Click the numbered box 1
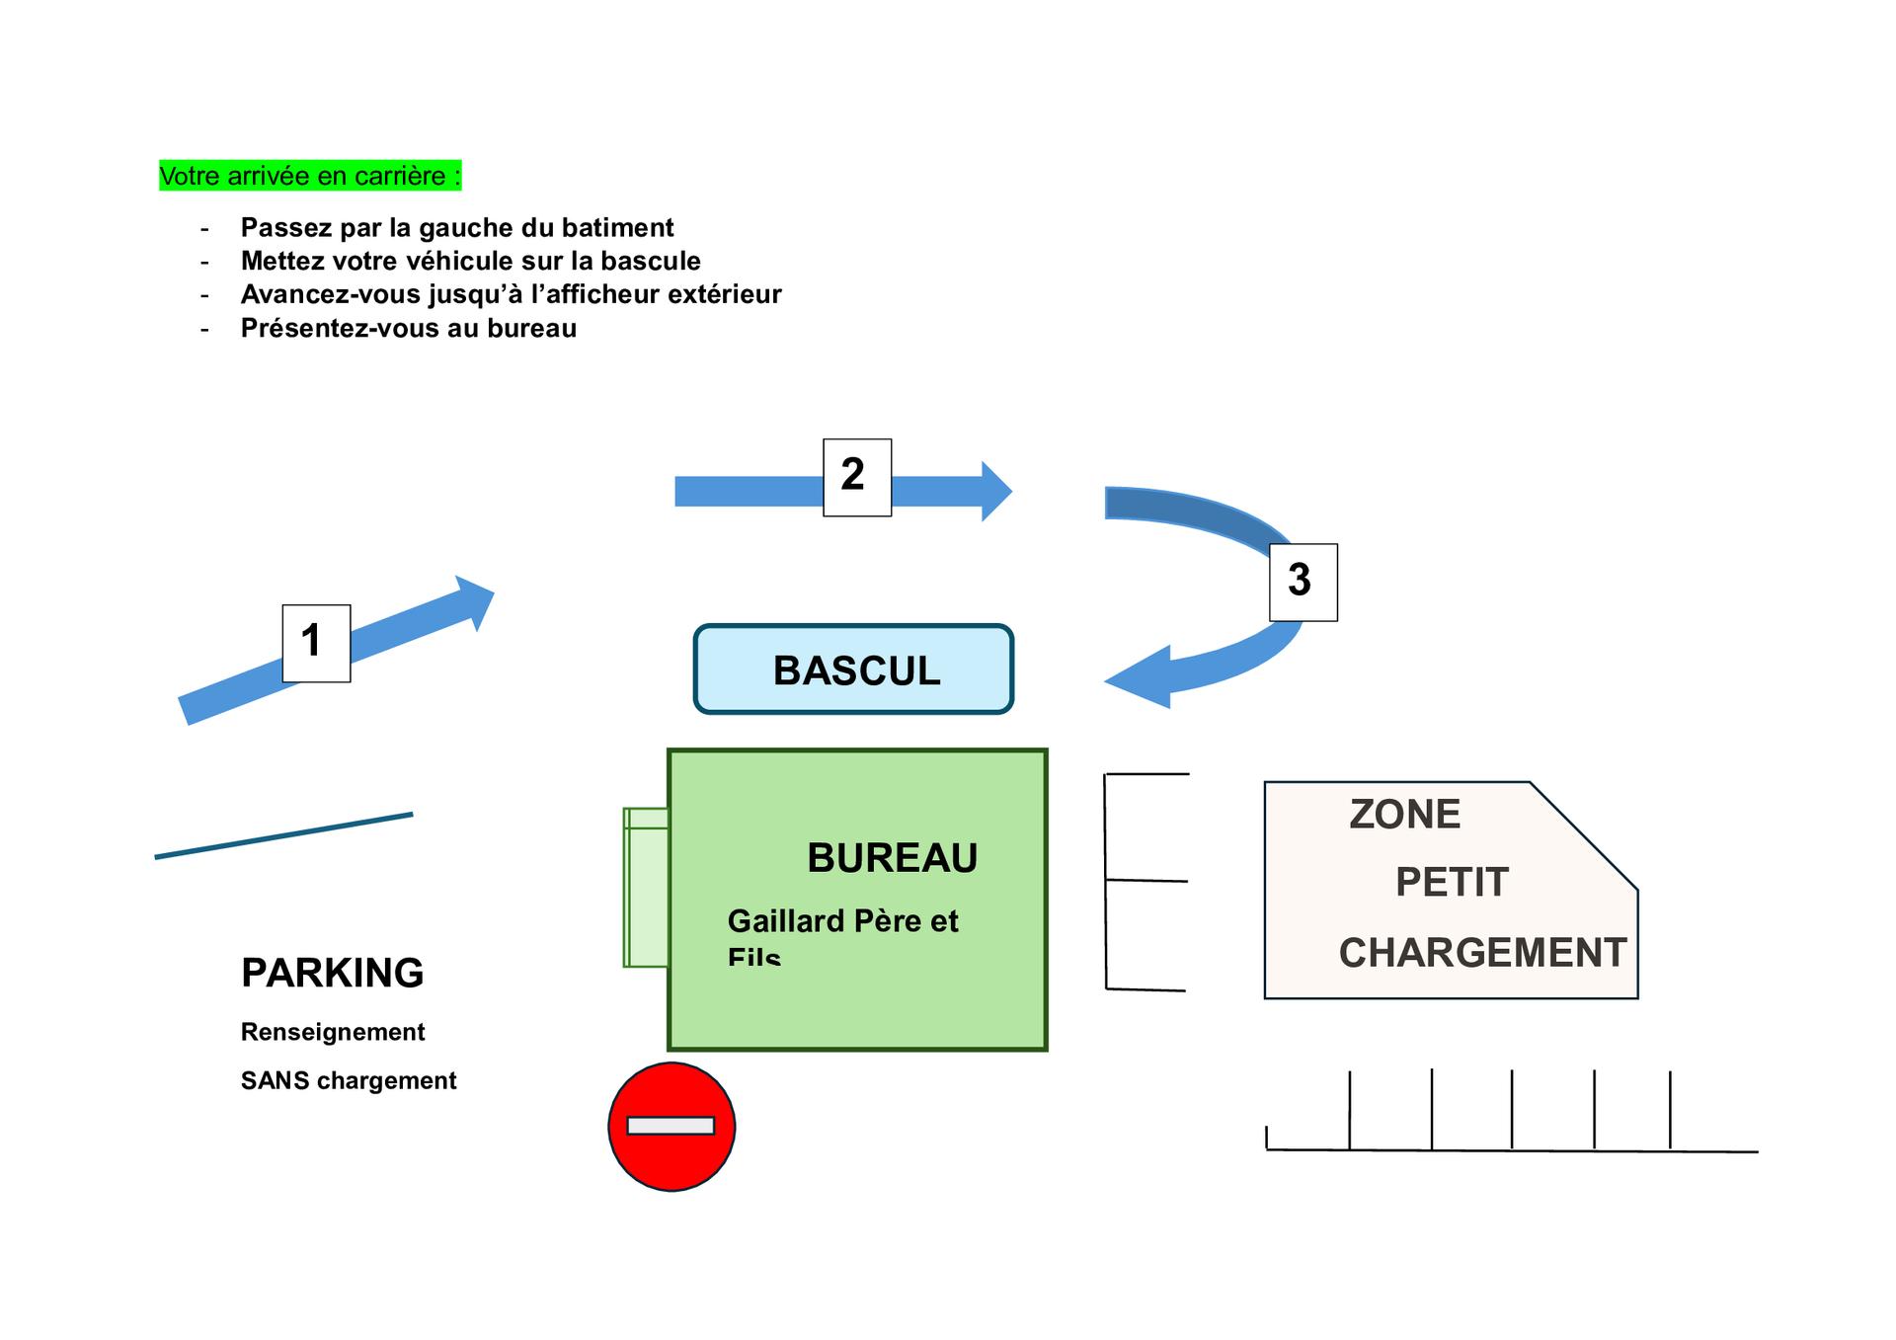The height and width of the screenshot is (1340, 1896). click(x=316, y=643)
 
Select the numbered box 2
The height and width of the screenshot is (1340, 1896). click(x=857, y=477)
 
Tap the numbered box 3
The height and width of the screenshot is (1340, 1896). click(x=1303, y=582)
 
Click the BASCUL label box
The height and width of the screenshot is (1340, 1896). click(x=854, y=670)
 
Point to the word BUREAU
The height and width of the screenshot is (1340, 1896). click(x=892, y=857)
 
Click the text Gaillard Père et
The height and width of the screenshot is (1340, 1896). click(x=842, y=920)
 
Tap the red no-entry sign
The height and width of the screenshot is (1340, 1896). click(x=671, y=1126)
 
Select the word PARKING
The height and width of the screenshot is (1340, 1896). click(x=332, y=973)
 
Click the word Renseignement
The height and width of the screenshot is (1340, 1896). click(x=333, y=1032)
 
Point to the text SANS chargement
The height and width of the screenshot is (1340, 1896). click(x=349, y=1080)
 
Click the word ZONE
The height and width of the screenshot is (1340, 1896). click(x=1404, y=815)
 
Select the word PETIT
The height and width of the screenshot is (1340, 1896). click(x=1452, y=882)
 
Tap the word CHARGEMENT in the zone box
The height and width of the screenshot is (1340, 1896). click(x=1481, y=953)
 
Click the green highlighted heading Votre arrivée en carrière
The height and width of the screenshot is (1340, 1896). click(x=310, y=176)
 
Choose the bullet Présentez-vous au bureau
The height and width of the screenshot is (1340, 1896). click(x=408, y=328)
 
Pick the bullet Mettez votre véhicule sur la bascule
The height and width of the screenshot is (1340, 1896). click(x=470, y=261)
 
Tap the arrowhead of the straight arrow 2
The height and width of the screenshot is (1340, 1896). click(x=994, y=491)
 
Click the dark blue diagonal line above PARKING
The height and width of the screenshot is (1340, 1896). click(x=283, y=835)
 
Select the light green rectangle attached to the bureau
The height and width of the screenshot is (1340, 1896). click(x=646, y=887)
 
